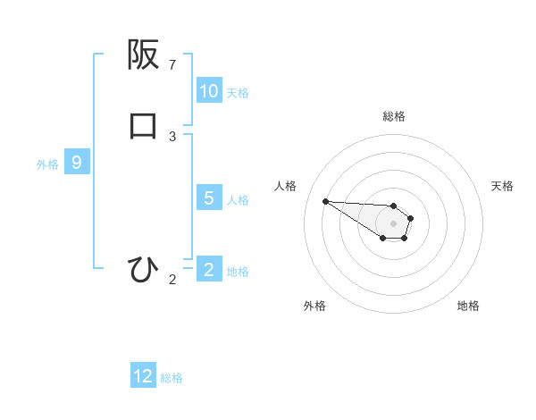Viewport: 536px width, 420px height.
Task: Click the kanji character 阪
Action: [x=143, y=55]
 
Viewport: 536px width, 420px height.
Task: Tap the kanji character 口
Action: [x=143, y=125]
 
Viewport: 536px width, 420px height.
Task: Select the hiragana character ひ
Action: [x=143, y=269]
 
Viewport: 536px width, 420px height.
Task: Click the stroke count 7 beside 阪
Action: [x=172, y=65]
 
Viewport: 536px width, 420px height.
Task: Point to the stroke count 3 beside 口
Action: [x=172, y=136]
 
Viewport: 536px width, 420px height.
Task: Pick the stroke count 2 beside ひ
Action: [x=172, y=280]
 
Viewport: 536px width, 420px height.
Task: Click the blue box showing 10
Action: [x=209, y=91]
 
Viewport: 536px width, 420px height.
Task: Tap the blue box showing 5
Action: [x=209, y=198]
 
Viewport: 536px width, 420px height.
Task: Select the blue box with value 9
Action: [x=77, y=163]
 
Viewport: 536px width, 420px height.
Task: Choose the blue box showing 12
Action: [x=143, y=376]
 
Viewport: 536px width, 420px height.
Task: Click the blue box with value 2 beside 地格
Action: [x=209, y=270]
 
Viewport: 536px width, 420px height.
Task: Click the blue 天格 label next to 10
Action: [x=237, y=93]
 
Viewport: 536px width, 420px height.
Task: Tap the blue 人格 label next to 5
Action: [x=238, y=199]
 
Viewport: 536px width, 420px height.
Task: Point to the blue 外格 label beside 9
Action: [x=46, y=164]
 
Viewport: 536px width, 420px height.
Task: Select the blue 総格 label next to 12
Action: [x=171, y=378]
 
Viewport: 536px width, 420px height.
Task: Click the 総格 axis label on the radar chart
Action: [x=393, y=116]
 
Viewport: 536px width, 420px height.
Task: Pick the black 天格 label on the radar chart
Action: [x=502, y=186]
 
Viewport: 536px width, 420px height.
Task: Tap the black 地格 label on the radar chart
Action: [x=468, y=306]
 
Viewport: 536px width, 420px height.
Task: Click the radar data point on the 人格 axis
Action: [x=325, y=201]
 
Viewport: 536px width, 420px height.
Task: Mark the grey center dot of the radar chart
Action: [x=393, y=223]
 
